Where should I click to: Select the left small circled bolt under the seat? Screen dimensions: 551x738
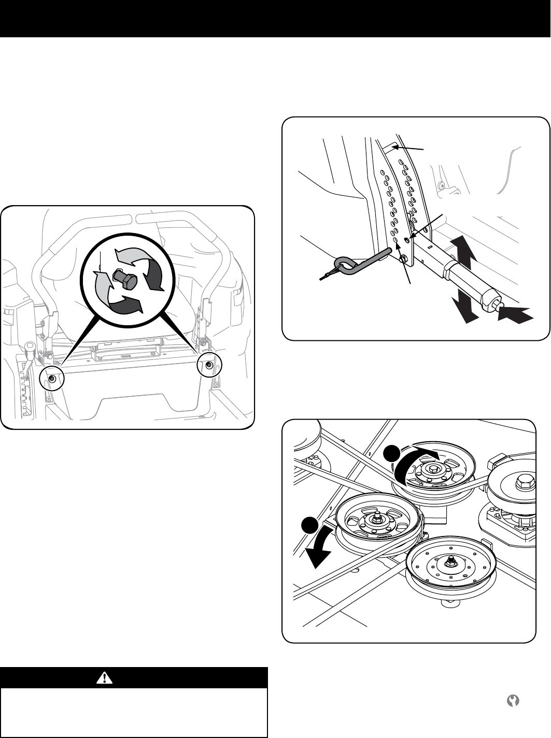point(52,379)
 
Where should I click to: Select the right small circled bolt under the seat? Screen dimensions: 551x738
point(209,365)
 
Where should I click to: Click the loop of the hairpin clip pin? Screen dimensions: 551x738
point(344,265)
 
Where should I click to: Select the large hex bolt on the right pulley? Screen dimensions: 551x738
point(520,483)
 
